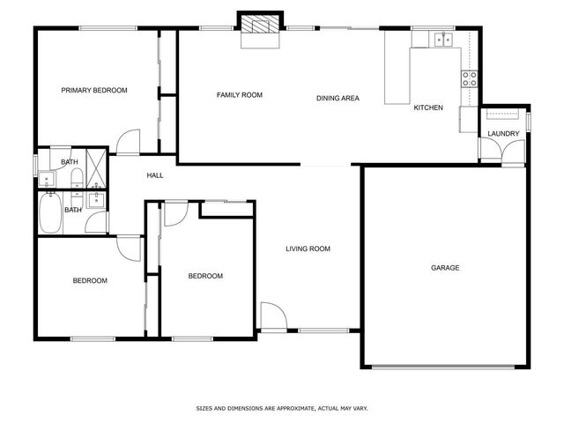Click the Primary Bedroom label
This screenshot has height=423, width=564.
pos(93,90)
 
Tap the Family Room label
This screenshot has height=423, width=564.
pos(240,95)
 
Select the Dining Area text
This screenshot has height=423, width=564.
pos(338,98)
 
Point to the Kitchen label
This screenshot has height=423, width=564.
pos(428,108)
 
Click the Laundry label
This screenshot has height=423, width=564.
pos(503,134)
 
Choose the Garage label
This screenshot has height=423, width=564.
pos(445,268)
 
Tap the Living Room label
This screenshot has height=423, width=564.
pos(308,249)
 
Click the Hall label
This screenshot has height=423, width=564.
pos(155,175)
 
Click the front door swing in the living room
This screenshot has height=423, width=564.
pos(272,316)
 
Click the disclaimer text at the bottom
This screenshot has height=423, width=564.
pos(281,409)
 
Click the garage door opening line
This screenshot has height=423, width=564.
pos(448,366)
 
